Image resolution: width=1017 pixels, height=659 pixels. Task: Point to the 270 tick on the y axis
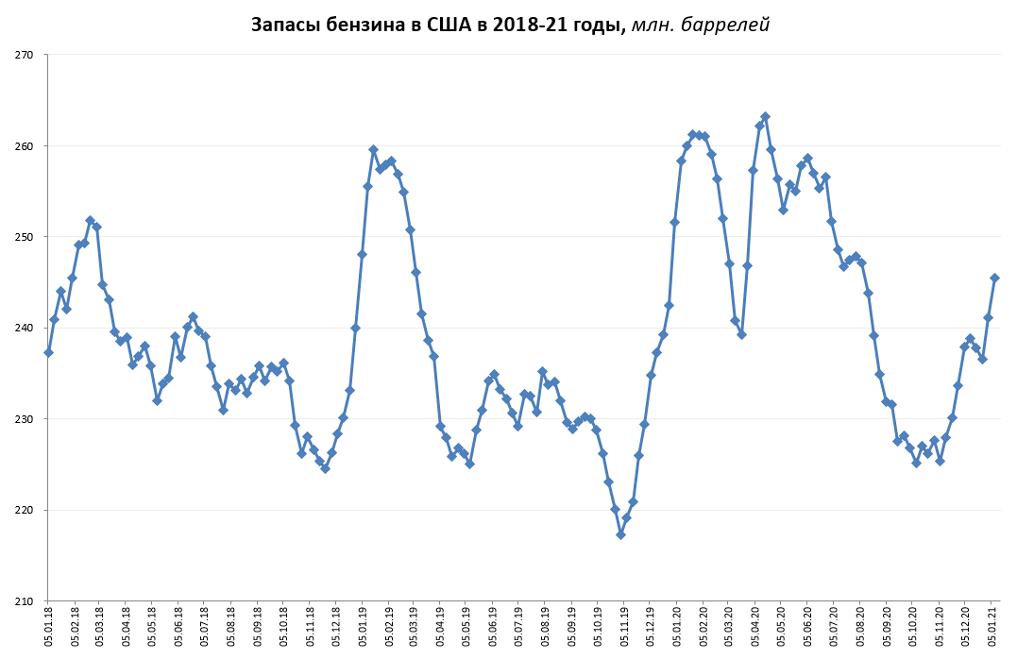coord(25,56)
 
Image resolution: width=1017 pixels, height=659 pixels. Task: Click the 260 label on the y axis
coord(25,146)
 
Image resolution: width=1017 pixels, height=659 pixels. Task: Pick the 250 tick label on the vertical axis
coord(25,237)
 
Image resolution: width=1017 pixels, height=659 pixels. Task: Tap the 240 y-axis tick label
coord(25,329)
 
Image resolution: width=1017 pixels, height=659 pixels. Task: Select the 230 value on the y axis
coord(25,419)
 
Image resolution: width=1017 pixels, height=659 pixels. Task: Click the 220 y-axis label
coord(25,510)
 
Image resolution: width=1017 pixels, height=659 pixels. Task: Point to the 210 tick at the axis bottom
coord(25,601)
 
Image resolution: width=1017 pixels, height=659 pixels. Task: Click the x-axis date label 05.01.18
coord(48,628)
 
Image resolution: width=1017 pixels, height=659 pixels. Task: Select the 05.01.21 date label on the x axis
coord(992,628)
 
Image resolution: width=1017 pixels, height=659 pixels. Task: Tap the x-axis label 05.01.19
coord(363,628)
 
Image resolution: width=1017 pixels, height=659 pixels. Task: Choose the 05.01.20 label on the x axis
coord(677,628)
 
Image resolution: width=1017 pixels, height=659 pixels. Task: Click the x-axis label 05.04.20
coord(755,628)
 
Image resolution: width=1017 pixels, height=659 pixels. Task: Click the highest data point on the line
coord(765,117)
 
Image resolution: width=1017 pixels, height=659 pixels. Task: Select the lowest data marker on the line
coord(620,534)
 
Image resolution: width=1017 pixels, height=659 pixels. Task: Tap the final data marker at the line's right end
coord(994,278)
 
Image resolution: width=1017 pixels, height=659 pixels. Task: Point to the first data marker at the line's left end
coord(48,352)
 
